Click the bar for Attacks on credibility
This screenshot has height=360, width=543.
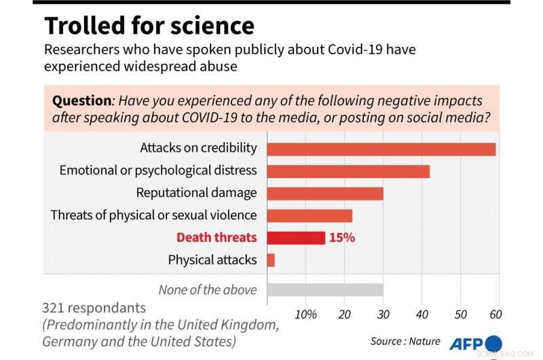click(381, 149)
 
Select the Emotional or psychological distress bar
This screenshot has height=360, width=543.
click(348, 171)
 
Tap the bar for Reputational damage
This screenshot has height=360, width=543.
click(325, 193)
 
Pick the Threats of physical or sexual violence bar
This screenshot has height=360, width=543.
click(310, 215)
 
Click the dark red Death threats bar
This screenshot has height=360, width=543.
click(296, 238)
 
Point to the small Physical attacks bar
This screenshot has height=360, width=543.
click(271, 259)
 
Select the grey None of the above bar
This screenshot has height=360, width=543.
click(325, 290)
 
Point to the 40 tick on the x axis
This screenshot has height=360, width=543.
click(422, 314)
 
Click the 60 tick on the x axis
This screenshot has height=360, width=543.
click(495, 314)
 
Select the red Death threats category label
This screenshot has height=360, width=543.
click(217, 238)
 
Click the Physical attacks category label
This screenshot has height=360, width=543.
click(212, 259)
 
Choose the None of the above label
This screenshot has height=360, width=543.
click(208, 290)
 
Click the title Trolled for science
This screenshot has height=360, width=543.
click(149, 26)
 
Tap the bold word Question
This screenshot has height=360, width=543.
click(81, 101)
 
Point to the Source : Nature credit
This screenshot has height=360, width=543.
click(405, 341)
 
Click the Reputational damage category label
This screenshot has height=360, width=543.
click(196, 193)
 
